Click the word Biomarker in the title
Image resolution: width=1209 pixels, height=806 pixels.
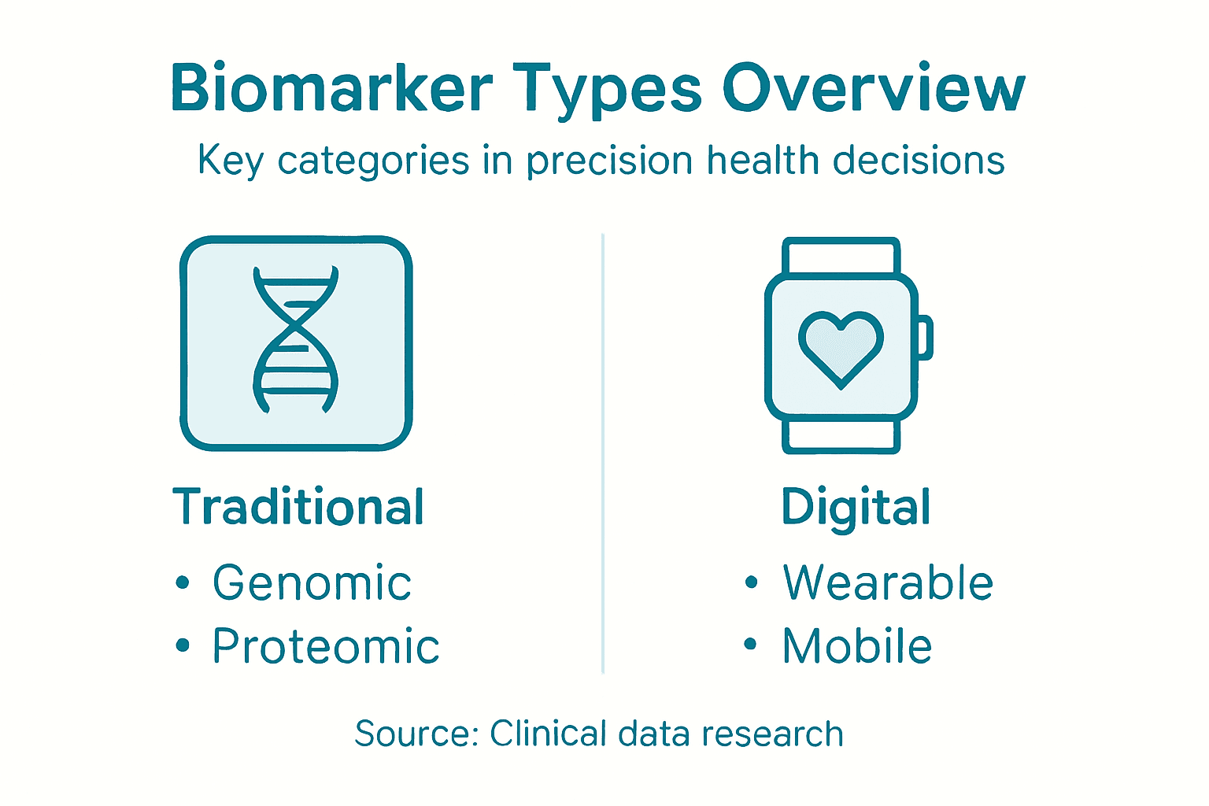[x=331, y=88]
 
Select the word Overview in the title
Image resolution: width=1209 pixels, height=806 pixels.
[x=874, y=88]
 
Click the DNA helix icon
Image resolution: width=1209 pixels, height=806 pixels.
[x=296, y=340]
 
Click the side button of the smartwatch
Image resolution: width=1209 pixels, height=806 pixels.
[x=926, y=337]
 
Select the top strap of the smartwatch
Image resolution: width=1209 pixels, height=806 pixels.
[x=841, y=256]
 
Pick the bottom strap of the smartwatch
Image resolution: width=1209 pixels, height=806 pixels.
[x=841, y=436]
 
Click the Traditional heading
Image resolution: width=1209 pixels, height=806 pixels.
[x=298, y=507]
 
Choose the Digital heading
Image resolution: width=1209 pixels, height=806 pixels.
[x=856, y=508]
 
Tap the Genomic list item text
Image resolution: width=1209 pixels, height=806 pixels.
[x=312, y=583]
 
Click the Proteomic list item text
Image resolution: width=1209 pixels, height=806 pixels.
[x=326, y=647]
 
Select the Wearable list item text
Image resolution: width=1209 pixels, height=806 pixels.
[x=888, y=583]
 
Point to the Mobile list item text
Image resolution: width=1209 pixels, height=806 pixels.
[x=857, y=647]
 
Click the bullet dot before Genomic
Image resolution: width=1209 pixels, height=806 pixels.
[x=183, y=583]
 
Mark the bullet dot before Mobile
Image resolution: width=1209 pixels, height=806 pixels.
[x=751, y=645]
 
